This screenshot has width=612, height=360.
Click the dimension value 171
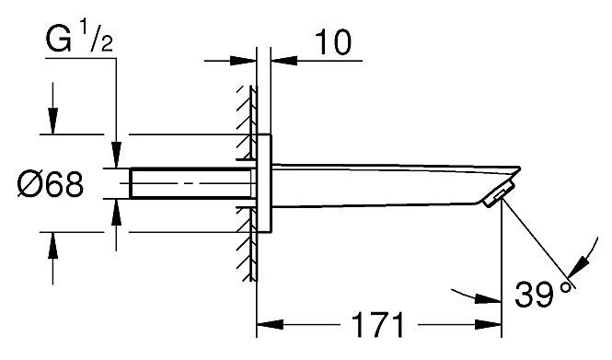pyautogui.click(x=378, y=325)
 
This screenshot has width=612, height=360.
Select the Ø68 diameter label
pyautogui.click(x=52, y=186)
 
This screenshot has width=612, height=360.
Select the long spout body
pyautogui.click(x=387, y=179)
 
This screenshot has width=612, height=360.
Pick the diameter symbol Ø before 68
pyautogui.click(x=28, y=186)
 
